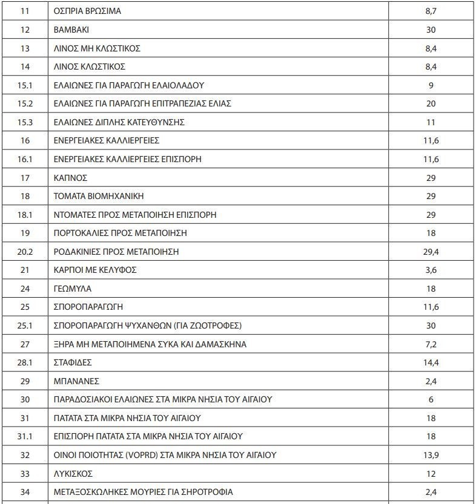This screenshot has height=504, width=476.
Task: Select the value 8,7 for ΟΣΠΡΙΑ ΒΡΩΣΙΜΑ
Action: tap(431, 11)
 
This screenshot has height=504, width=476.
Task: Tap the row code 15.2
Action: tap(25, 103)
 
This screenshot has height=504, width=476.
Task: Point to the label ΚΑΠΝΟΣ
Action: tap(71, 178)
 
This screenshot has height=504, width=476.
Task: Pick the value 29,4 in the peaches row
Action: tap(431, 252)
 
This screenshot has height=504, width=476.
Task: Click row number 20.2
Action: tap(25, 252)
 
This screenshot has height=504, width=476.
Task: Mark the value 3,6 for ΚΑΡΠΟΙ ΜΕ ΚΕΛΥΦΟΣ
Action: tap(431, 270)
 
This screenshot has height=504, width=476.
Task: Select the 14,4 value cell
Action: tap(431, 362)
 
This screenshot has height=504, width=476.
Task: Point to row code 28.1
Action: tap(25, 362)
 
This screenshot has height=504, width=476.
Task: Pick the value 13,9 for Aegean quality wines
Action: tap(431, 455)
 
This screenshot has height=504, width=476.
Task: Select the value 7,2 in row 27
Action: tap(431, 344)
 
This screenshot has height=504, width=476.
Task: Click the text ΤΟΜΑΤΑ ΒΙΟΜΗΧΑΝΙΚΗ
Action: tap(99, 196)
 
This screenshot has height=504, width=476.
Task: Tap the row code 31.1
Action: tap(25, 436)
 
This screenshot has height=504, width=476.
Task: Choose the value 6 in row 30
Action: tap(431, 399)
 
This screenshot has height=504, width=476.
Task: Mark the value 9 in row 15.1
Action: tap(431, 85)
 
